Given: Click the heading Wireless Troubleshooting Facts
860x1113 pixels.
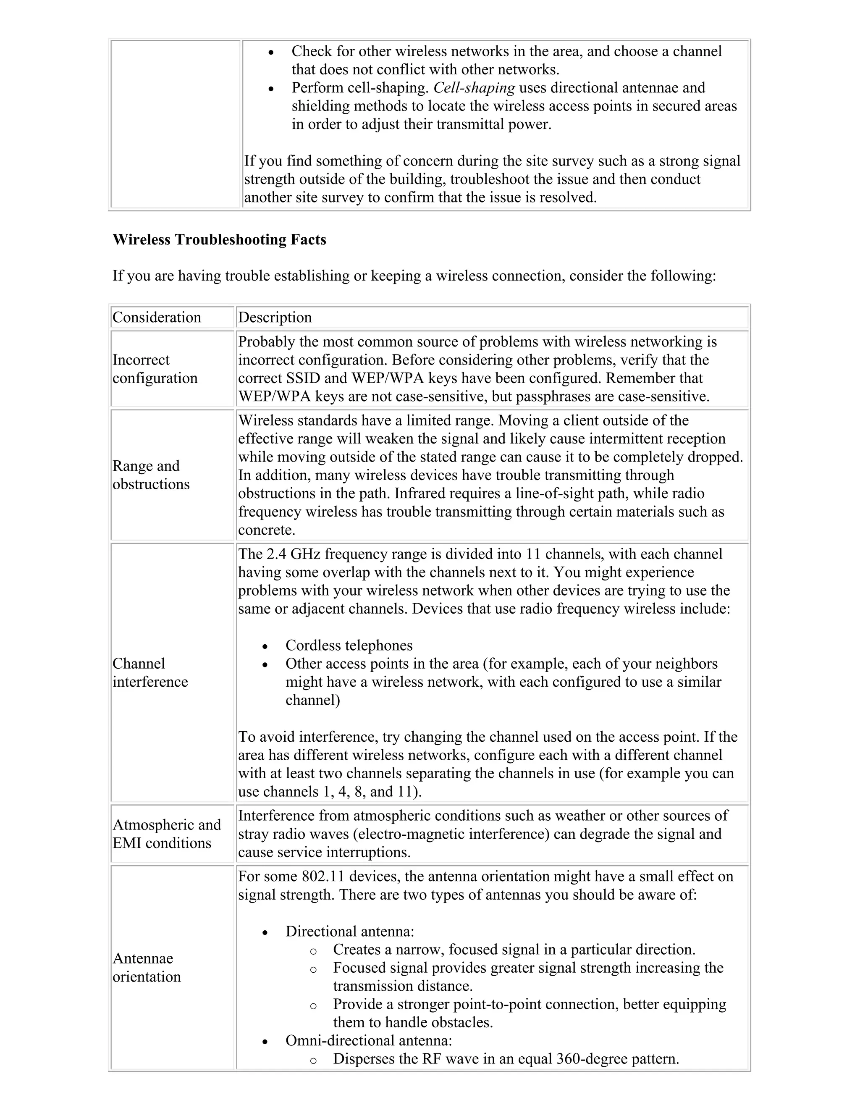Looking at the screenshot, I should click(219, 239).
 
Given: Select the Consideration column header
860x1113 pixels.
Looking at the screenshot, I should click(157, 318).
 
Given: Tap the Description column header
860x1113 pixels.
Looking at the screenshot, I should click(275, 318).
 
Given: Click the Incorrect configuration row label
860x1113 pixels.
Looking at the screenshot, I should click(155, 369).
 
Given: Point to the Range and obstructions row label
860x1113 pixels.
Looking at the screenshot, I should click(151, 475).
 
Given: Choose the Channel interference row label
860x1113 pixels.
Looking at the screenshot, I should click(150, 673).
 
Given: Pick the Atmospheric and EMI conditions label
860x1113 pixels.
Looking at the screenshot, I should click(167, 834).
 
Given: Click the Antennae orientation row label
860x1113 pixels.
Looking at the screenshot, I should click(147, 967).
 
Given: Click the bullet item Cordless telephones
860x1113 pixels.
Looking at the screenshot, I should click(349, 645).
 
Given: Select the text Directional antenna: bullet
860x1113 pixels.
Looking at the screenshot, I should click(349, 931).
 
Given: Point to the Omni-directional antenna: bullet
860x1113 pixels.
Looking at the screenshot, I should click(368, 1040).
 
